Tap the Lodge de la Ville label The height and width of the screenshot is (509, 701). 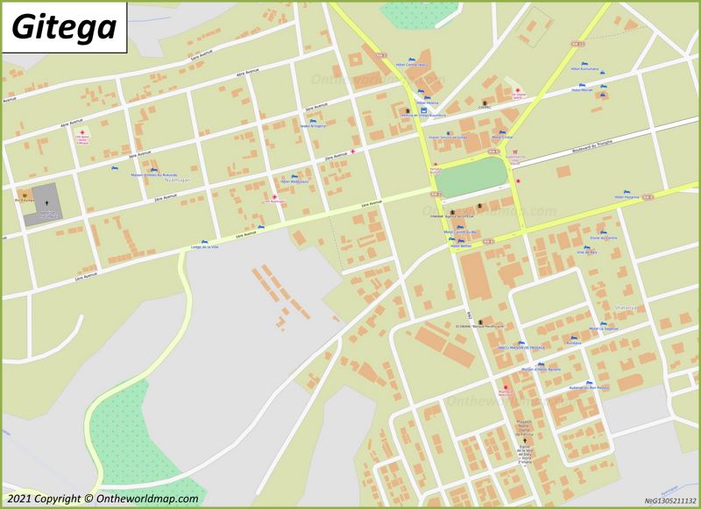pyautogui.click(x=203, y=247)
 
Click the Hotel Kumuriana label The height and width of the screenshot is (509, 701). pyautogui.click(x=584, y=67)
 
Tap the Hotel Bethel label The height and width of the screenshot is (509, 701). pyautogui.click(x=460, y=246)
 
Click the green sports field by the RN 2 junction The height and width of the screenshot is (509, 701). pyautogui.click(x=471, y=178)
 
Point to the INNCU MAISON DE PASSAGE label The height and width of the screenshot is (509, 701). pyautogui.click(x=520, y=347)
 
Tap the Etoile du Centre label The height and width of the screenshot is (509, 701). pyautogui.click(x=604, y=238)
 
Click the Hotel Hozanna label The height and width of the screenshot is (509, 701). pyautogui.click(x=628, y=198)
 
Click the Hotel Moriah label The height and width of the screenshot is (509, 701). pyautogui.click(x=582, y=89)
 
